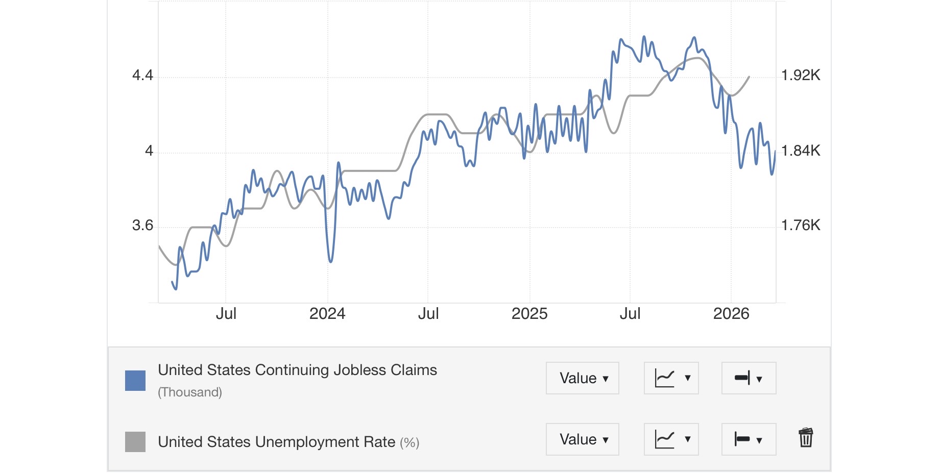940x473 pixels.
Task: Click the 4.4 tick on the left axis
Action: (x=142, y=76)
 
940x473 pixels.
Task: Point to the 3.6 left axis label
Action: (x=142, y=226)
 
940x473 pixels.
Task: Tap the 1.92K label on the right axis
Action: (x=801, y=76)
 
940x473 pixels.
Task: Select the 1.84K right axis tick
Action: (x=801, y=151)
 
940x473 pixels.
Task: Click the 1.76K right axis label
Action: (x=801, y=225)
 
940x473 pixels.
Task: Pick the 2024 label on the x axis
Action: (x=327, y=313)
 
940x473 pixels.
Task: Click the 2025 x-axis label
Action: (x=529, y=313)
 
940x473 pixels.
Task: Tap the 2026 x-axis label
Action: (x=731, y=313)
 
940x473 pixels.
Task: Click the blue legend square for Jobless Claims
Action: (x=135, y=381)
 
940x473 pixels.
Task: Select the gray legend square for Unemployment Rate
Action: (x=135, y=442)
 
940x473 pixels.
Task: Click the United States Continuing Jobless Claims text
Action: (x=297, y=370)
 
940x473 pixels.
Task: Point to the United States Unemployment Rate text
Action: (x=277, y=442)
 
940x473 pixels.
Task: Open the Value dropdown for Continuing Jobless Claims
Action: (x=583, y=378)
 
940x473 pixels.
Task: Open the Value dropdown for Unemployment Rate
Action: (x=583, y=439)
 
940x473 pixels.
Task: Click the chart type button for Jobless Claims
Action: (x=671, y=378)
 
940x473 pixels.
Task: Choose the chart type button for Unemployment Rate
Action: (x=671, y=439)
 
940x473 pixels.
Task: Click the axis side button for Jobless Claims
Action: (x=749, y=378)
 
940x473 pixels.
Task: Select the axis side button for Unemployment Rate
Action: (x=749, y=439)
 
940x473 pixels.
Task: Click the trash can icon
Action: (x=806, y=438)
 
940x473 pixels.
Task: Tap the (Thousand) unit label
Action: (x=190, y=392)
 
